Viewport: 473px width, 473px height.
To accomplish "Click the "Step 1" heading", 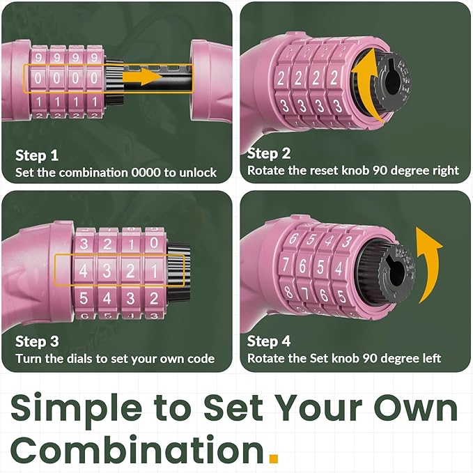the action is (x=37, y=155).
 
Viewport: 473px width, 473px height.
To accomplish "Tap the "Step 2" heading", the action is (x=269, y=153).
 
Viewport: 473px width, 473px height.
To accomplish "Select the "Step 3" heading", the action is (x=37, y=341).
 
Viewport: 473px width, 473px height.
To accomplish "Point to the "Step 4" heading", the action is (x=269, y=341).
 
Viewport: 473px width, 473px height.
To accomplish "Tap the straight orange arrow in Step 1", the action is (x=142, y=77).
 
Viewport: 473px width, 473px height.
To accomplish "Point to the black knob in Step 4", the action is (x=396, y=272).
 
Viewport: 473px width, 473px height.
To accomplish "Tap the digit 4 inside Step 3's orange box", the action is (x=84, y=270).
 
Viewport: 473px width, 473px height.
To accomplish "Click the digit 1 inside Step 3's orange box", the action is (x=154, y=271).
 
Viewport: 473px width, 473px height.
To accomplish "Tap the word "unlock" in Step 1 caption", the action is (x=198, y=173).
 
